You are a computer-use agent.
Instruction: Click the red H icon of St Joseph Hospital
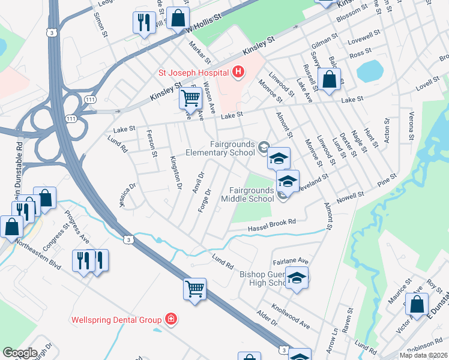click(x=238, y=73)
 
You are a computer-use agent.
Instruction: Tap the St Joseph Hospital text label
click(x=193, y=73)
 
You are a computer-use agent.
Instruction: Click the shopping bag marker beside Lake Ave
click(x=330, y=79)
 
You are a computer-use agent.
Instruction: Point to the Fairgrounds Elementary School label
click(x=232, y=148)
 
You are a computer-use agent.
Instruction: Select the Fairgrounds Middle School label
click(x=247, y=194)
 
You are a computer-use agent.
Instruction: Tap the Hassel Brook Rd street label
click(x=272, y=225)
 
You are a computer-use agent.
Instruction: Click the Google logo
click(x=20, y=353)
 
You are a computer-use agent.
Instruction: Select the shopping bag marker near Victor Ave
click(x=417, y=305)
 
